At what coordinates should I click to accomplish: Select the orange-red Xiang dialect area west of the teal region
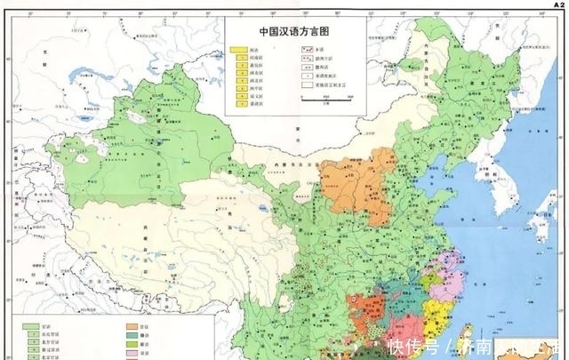coord(367,311)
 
